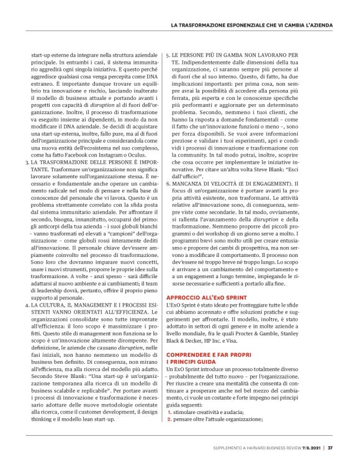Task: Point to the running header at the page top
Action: click(x=251, y=25)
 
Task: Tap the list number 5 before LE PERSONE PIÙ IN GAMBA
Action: click(x=168, y=55)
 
